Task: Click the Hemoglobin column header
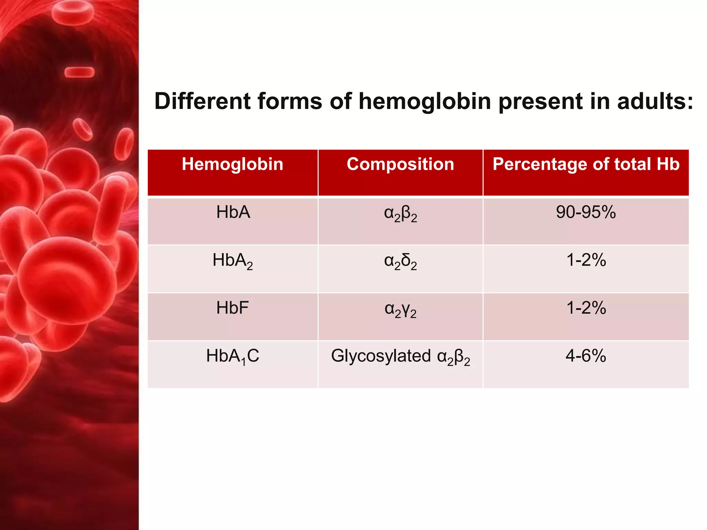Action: (x=232, y=164)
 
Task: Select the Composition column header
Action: (x=400, y=164)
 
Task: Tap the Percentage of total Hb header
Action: (x=586, y=164)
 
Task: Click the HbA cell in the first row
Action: (x=233, y=212)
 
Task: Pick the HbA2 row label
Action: (x=232, y=261)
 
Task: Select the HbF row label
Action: (x=232, y=308)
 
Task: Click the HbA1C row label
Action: (x=232, y=356)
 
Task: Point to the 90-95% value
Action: (x=586, y=212)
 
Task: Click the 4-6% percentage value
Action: (x=586, y=356)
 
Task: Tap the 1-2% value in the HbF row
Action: (x=586, y=308)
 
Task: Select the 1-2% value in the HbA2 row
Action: (x=586, y=260)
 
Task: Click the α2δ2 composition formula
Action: (x=400, y=262)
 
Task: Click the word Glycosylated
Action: (x=381, y=356)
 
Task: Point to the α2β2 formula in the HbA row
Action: (x=400, y=214)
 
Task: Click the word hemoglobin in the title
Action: (x=425, y=101)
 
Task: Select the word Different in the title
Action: (x=202, y=101)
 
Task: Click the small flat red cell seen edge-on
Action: (x=79, y=72)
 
